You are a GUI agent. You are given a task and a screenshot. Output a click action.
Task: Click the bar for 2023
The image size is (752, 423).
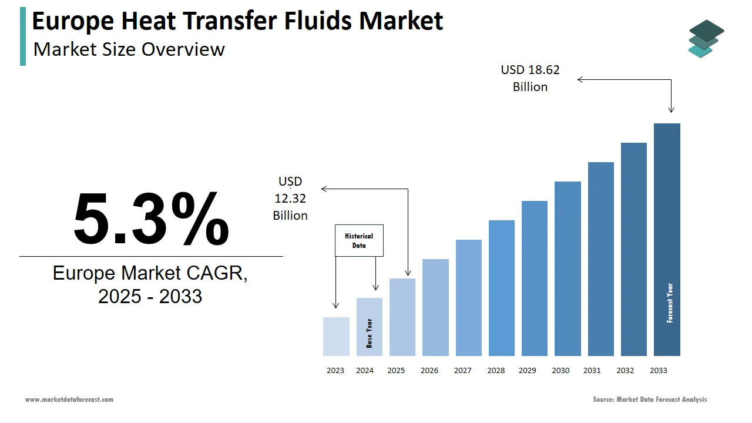(336, 337)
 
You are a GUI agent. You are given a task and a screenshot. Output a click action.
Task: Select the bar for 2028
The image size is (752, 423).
(501, 288)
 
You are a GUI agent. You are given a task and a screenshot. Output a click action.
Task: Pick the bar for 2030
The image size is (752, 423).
(568, 268)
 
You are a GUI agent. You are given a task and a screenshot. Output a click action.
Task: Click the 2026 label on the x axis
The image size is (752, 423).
(429, 371)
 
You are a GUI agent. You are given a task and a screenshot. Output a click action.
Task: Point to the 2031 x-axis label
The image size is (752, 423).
(592, 371)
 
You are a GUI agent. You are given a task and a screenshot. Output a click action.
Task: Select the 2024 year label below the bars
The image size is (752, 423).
(365, 371)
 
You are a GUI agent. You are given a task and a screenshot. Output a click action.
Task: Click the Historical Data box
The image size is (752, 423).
(359, 240)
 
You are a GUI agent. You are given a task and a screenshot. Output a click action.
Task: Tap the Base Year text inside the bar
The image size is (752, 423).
(370, 333)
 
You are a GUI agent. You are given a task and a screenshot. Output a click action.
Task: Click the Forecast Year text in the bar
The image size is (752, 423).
(670, 303)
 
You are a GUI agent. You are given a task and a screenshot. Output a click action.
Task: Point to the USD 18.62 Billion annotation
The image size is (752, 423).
(530, 78)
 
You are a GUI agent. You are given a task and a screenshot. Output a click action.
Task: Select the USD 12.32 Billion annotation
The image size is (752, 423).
(290, 199)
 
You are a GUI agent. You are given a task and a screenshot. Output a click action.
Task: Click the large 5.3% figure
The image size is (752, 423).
(151, 219)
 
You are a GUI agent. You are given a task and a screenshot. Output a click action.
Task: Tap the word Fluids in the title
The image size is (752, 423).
(318, 21)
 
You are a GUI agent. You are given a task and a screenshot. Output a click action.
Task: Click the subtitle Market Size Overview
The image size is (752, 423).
(129, 49)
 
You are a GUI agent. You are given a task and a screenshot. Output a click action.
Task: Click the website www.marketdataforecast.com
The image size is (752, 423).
(69, 399)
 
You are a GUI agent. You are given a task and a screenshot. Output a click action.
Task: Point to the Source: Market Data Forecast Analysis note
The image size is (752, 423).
(650, 399)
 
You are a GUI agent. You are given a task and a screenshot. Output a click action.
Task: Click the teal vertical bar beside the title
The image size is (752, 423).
(23, 36)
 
